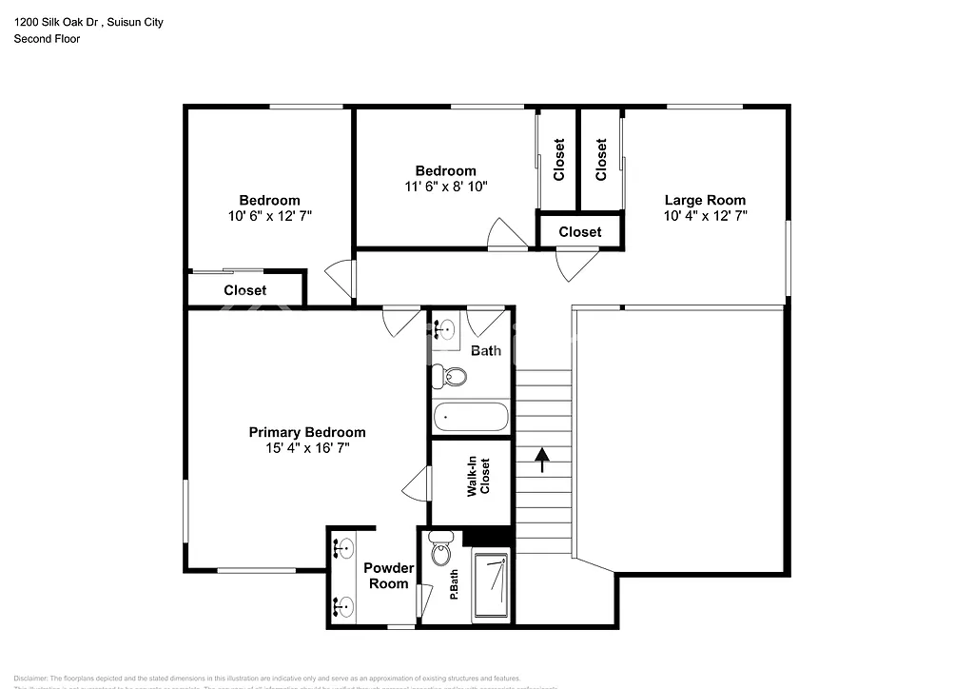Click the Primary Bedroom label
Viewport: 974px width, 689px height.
coord(306,432)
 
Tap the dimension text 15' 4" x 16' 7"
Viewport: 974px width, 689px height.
coord(307,448)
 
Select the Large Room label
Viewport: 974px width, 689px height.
coord(704,200)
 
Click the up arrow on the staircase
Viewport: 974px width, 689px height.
coord(542,461)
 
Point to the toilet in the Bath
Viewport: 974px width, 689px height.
coord(451,376)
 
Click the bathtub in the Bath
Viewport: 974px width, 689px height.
coord(471,417)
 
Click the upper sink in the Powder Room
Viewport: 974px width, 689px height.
coord(344,547)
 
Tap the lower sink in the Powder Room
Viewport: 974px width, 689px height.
coord(344,605)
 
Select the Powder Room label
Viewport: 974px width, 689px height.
coord(387,576)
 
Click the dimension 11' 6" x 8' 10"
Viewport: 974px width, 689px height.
coord(445,187)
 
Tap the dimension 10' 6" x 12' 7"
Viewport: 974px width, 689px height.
coord(269,216)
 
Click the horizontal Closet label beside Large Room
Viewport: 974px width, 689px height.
coord(579,231)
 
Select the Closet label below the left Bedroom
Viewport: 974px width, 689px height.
coord(244,290)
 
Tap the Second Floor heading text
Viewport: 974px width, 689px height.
coord(46,39)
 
